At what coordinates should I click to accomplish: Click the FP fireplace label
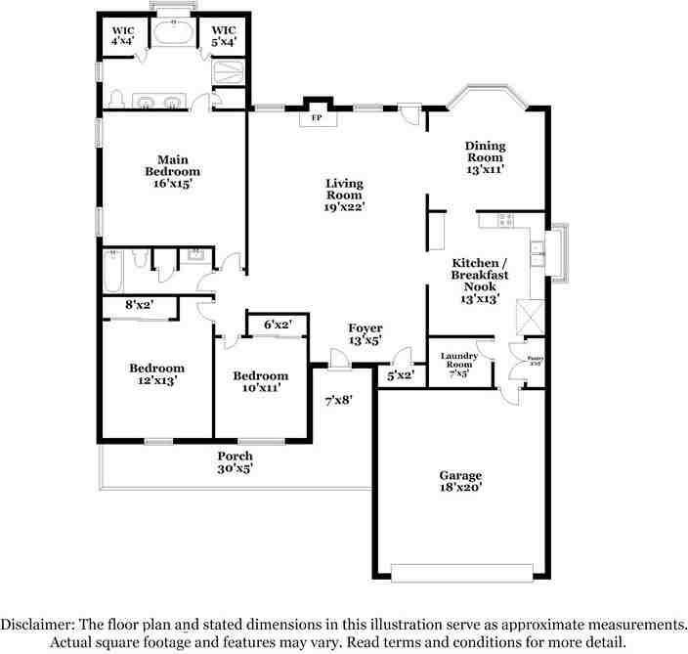316,118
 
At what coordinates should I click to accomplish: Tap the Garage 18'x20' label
459,482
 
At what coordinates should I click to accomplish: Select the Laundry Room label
458,364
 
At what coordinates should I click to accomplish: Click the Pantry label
536,361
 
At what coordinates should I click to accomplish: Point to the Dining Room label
485,156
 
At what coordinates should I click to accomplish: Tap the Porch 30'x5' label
235,461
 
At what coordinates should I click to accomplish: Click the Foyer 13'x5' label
365,334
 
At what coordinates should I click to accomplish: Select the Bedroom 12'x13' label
156,374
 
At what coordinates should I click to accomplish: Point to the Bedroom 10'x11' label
260,381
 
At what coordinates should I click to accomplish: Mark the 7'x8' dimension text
338,399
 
